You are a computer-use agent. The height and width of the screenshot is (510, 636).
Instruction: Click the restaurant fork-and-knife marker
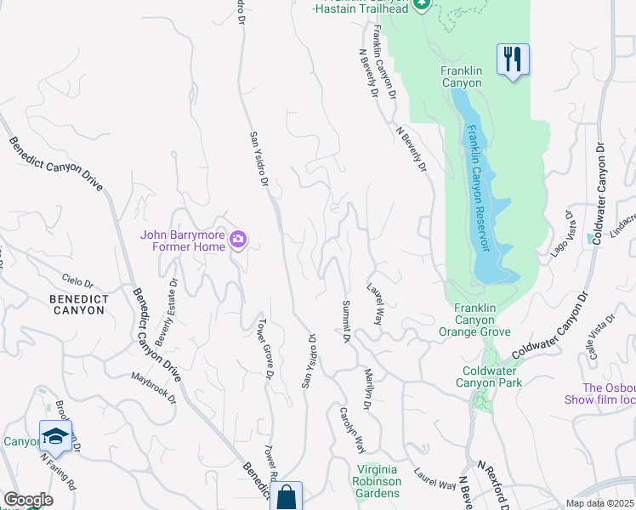pos(513,59)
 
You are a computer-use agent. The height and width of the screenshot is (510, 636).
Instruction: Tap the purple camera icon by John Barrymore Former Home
pos(238,241)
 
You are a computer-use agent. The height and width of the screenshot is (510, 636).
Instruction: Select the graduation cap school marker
pos(55,436)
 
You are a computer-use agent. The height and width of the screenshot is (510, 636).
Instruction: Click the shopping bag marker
pos(287,497)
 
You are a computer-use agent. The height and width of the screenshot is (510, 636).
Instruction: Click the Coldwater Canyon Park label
pos(492,377)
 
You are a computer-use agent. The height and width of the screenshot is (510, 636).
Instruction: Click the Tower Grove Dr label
pos(265,348)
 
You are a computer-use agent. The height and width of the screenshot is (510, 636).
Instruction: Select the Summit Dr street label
pos(346,321)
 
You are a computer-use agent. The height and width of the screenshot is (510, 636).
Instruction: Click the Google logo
pos(27,500)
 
